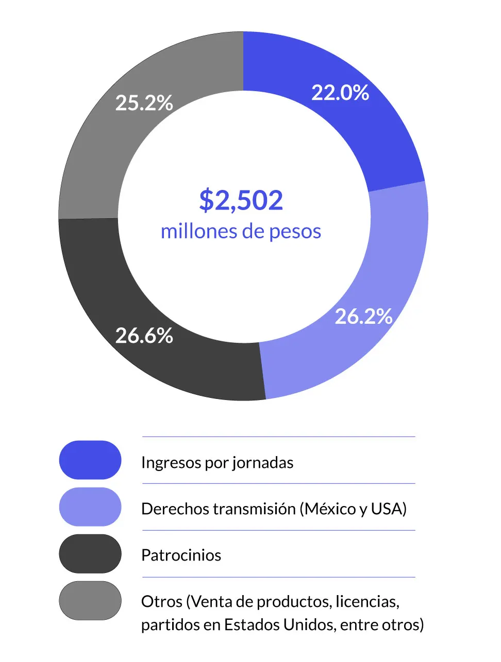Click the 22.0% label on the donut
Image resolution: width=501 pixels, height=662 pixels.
click(340, 93)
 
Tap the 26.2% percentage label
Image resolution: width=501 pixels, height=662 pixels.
click(363, 316)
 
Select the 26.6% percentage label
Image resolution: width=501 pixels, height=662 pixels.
click(144, 336)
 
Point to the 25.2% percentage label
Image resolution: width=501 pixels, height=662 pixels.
click(144, 103)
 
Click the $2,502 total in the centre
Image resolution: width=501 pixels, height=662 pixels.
click(241, 200)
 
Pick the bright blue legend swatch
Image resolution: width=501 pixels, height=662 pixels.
click(90, 460)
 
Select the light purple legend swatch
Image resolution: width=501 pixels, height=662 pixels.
click(90, 507)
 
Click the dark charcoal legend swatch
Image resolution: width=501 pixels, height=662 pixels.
click(90, 554)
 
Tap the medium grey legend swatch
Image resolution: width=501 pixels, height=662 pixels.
click(90, 601)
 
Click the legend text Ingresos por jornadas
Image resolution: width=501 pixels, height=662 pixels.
click(217, 462)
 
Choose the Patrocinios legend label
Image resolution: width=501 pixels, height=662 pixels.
click(181, 555)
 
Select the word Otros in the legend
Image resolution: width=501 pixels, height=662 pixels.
click(162, 601)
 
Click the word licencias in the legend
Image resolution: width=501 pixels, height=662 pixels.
click(367, 601)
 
